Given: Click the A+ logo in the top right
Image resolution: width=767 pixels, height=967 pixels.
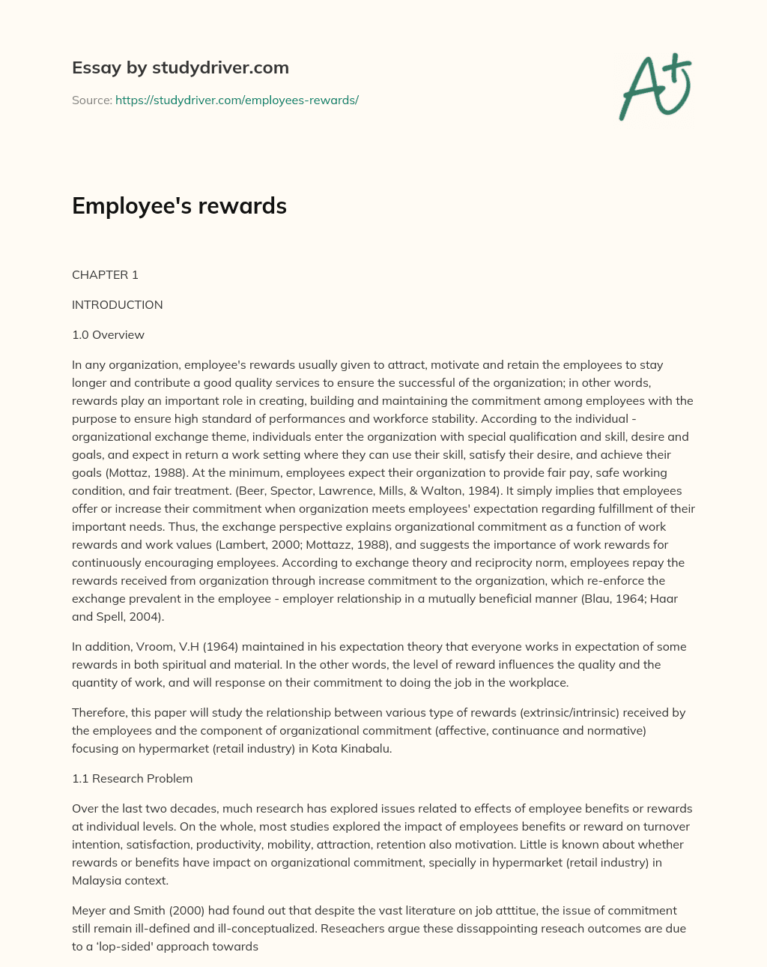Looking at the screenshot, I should coord(655,87).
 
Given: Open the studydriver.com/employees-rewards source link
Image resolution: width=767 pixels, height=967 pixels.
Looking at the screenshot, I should coord(237,100).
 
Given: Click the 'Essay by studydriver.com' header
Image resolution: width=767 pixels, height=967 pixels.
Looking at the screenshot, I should coord(180,67).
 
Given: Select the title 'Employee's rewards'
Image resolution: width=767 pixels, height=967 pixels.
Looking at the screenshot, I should coord(179,205).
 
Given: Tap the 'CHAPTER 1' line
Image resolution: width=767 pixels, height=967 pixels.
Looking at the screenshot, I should coord(105,274).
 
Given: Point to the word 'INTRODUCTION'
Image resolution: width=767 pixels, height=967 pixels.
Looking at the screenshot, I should coord(117,304).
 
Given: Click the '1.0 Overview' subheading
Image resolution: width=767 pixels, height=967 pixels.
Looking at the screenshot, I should coord(108,334).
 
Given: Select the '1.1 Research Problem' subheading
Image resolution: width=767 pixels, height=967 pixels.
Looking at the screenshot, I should coord(132,778).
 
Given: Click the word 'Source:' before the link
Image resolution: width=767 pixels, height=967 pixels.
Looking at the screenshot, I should coord(91,100).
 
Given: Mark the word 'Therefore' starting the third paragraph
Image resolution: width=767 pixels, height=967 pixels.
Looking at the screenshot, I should coord(98,712).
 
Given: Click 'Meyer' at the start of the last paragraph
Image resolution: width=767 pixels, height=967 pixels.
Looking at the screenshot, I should coord(88,910).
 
